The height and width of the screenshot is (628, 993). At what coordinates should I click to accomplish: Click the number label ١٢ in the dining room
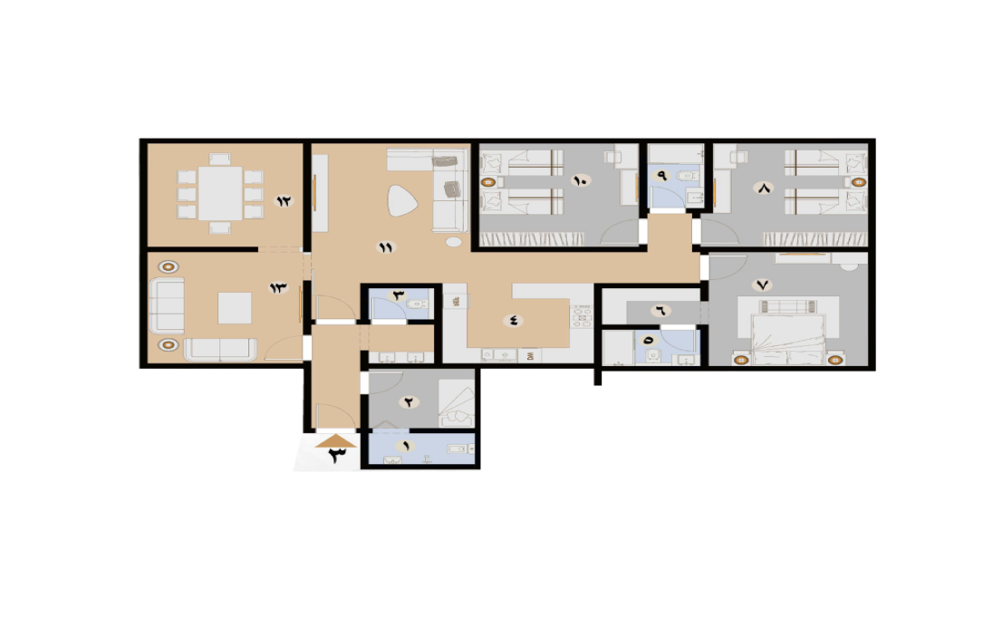(x=283, y=201)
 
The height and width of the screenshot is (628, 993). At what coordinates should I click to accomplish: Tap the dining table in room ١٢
(x=220, y=193)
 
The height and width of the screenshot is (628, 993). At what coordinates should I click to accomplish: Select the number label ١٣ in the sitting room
(x=278, y=287)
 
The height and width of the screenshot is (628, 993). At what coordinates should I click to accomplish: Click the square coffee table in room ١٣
(x=235, y=308)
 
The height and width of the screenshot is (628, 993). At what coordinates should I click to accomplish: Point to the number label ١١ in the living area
(x=386, y=247)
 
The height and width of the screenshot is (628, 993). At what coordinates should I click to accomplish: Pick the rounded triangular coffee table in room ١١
(x=401, y=200)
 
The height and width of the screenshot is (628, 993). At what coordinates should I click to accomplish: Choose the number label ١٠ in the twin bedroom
(x=580, y=180)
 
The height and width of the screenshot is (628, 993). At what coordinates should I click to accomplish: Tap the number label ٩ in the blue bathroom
(x=661, y=176)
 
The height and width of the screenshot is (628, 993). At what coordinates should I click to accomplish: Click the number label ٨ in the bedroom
(x=764, y=188)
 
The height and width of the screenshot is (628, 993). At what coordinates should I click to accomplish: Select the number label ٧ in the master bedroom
(x=763, y=285)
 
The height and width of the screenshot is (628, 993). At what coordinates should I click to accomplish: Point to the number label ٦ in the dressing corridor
(x=660, y=311)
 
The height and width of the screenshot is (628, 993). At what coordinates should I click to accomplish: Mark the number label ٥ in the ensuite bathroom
(x=648, y=341)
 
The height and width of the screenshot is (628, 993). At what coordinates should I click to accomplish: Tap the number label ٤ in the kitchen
(x=513, y=321)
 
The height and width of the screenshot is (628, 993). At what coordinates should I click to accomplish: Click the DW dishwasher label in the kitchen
(x=530, y=356)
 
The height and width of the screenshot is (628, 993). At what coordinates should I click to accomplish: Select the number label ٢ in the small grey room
(x=410, y=401)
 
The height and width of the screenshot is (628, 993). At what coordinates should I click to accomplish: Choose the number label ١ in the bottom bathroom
(x=405, y=446)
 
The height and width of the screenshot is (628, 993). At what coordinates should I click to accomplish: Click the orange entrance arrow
(x=335, y=441)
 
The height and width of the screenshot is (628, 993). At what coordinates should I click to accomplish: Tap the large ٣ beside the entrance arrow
(x=336, y=456)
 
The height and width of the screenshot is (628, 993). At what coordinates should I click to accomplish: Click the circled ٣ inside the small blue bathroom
(x=399, y=295)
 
